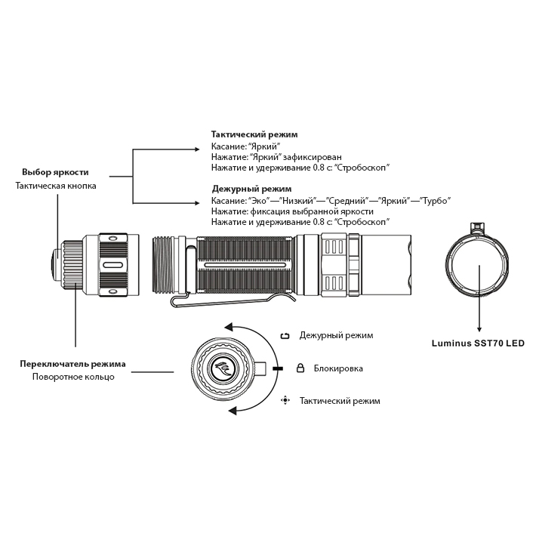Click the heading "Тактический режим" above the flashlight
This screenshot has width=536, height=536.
point(254,134)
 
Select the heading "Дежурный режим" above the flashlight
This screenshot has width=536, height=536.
point(251,189)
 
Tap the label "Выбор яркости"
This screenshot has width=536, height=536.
point(55,172)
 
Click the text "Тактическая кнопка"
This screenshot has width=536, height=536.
point(56,185)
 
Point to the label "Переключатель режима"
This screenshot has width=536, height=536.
point(73,364)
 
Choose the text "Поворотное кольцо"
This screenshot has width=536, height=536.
point(73,377)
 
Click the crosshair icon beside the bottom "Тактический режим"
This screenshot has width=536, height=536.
point(285,400)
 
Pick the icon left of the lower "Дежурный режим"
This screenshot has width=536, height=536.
point(285,335)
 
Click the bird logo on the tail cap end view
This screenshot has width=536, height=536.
point(223,368)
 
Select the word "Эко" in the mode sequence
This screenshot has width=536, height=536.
point(258,201)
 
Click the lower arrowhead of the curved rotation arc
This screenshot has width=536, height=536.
point(233,410)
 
